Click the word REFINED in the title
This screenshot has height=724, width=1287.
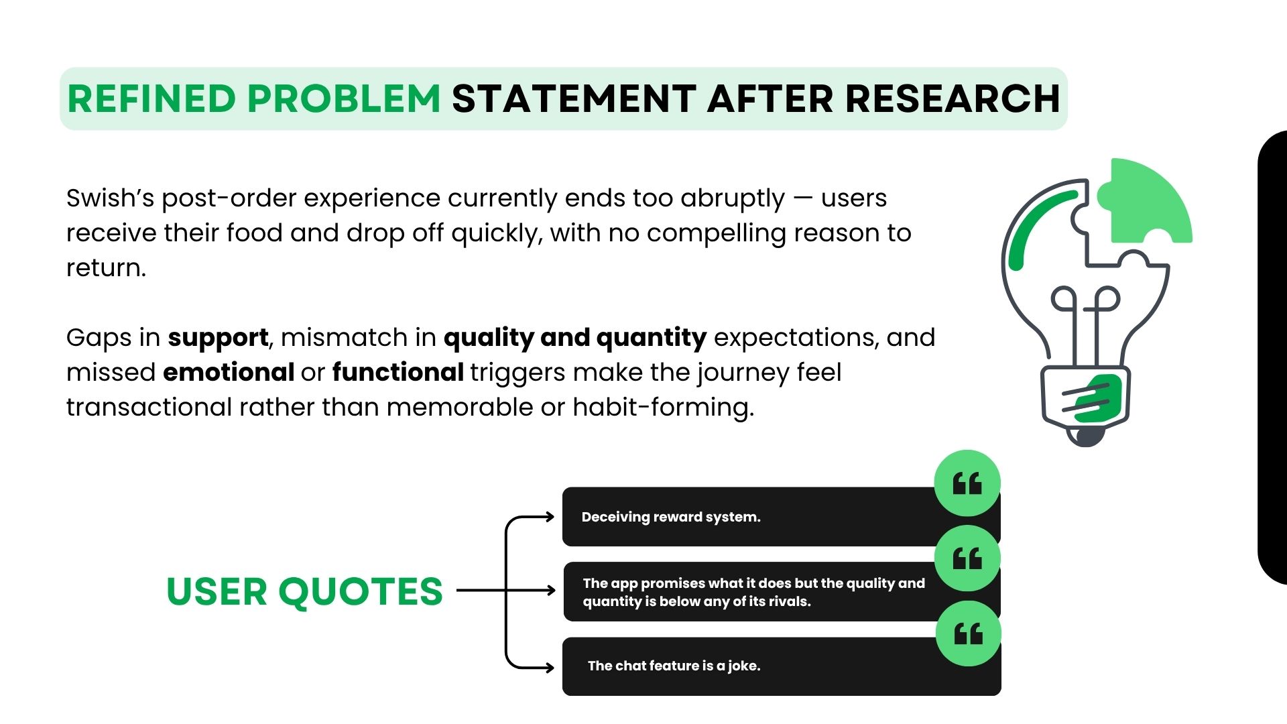pyautogui.click(x=151, y=99)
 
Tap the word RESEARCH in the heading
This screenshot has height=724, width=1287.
pyautogui.click(x=953, y=99)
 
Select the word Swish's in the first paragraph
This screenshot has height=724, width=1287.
pyautogui.click(x=110, y=198)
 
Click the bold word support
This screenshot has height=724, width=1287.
pyautogui.click(x=218, y=338)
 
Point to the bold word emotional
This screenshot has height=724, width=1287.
pyautogui.click(x=229, y=372)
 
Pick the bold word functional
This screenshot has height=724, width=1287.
pyautogui.click(x=398, y=372)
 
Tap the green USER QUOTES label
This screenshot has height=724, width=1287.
pyautogui.click(x=304, y=591)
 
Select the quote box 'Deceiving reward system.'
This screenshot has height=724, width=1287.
pyautogui.click(x=782, y=517)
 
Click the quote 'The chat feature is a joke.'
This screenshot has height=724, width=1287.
pyautogui.click(x=782, y=666)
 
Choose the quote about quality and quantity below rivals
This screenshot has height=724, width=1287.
pyautogui.click(x=782, y=592)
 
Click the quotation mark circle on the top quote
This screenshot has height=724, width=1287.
pyautogui.click(x=967, y=483)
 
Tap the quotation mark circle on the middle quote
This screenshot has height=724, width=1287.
pyautogui.click(x=967, y=558)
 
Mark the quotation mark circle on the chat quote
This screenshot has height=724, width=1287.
pyautogui.click(x=968, y=633)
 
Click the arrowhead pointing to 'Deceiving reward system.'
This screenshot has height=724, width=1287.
pyautogui.click(x=550, y=516)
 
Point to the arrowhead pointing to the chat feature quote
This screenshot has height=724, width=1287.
pyautogui.click(x=550, y=667)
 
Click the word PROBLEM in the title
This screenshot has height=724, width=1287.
pyautogui.click(x=344, y=99)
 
